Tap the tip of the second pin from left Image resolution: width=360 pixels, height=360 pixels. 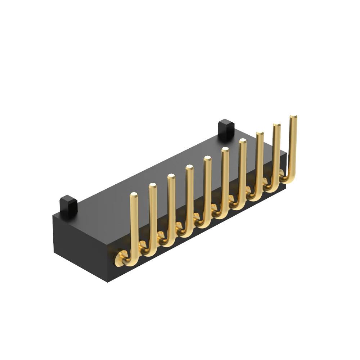pyautogui.click(x=153, y=185)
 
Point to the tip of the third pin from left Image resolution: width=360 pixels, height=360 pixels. pyautogui.click(x=171, y=176)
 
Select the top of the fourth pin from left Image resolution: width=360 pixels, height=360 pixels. pyautogui.click(x=189, y=167)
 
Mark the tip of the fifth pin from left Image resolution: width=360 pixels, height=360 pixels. pyautogui.click(x=207, y=158)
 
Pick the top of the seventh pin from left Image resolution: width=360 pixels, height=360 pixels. pyautogui.click(x=242, y=141)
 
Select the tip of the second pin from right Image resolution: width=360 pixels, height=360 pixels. pyautogui.click(x=276, y=125)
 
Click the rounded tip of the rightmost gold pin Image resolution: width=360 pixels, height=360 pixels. pyautogui.click(x=293, y=116)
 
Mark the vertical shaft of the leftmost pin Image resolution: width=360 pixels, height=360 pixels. pyautogui.click(x=134, y=223)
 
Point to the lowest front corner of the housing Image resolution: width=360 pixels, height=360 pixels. pyautogui.click(x=108, y=282)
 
